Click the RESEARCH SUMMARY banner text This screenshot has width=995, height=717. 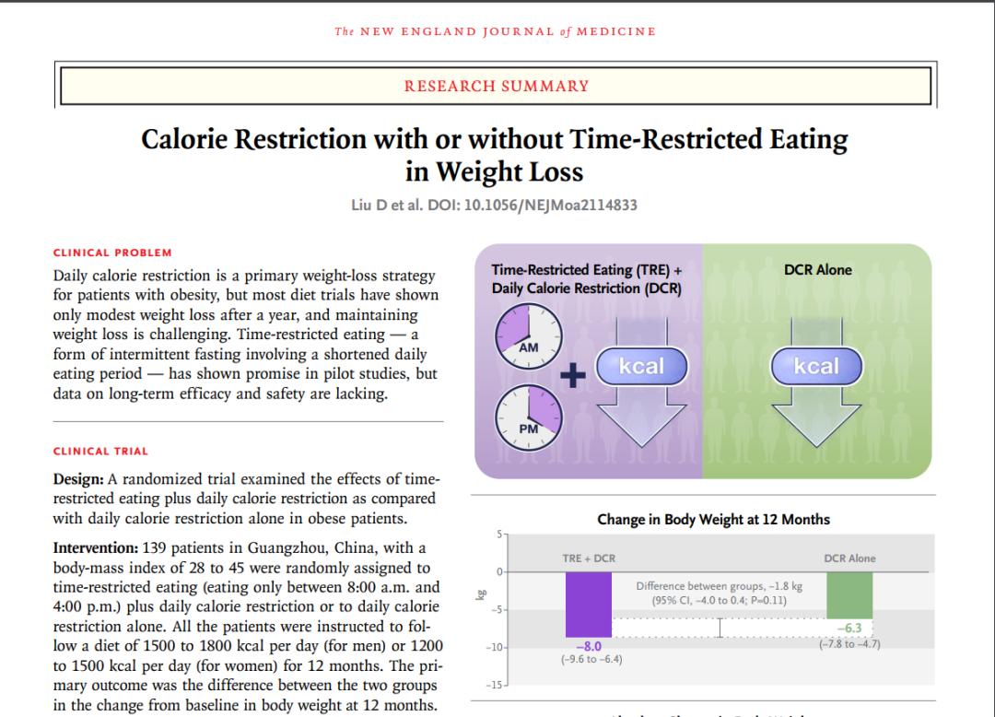pyautogui.click(x=497, y=86)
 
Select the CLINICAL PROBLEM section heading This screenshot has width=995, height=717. pyautogui.click(x=112, y=253)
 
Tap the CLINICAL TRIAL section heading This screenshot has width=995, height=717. pyautogui.click(x=101, y=452)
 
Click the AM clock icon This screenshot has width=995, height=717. pyautogui.click(x=528, y=336)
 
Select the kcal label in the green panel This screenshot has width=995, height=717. pyautogui.click(x=816, y=366)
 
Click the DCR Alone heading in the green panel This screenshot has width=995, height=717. pyautogui.click(x=817, y=270)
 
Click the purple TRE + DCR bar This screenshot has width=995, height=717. pyautogui.click(x=588, y=604)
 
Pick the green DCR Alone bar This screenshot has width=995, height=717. pyautogui.click(x=849, y=594)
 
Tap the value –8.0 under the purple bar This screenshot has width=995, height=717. pyautogui.click(x=588, y=647)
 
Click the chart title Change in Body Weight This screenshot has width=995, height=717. pyautogui.click(x=713, y=520)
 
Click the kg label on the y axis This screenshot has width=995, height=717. pyautogui.click(x=479, y=596)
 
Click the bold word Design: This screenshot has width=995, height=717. pyautogui.click(x=78, y=479)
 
